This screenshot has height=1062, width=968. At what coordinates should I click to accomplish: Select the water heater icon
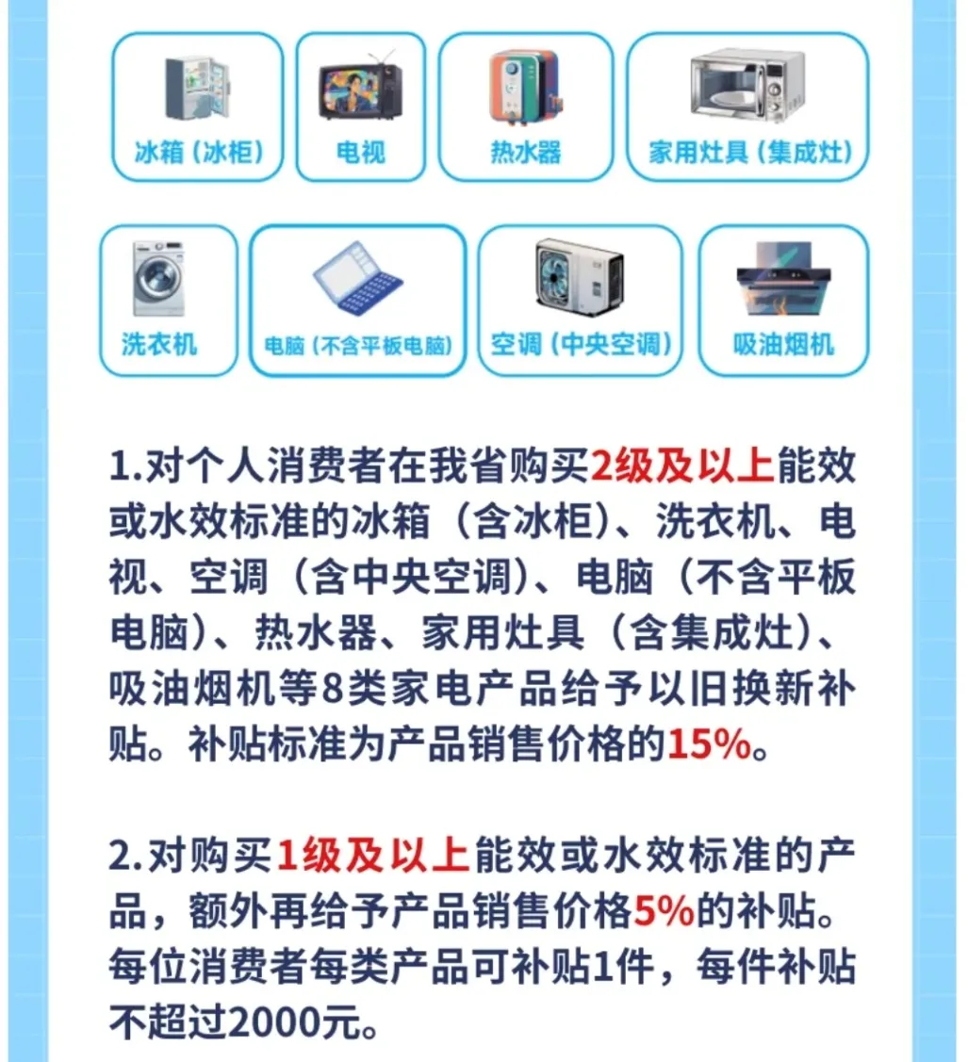click(x=526, y=88)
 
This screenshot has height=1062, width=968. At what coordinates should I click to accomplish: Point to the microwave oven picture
click(x=747, y=85)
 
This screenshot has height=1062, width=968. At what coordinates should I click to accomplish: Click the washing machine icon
click(x=157, y=278)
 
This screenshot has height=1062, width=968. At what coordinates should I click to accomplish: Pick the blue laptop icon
click(x=357, y=278)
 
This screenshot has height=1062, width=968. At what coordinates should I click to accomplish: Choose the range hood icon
click(x=783, y=278)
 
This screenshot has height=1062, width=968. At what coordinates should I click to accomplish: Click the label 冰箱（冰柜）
click(x=199, y=152)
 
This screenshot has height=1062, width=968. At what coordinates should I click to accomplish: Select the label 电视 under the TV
click(x=360, y=152)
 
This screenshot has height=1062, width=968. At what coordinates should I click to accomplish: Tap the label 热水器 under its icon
click(x=526, y=152)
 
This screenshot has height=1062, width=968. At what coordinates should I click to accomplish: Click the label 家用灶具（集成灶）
click(x=749, y=152)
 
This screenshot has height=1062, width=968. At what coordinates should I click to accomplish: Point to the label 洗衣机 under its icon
click(x=159, y=343)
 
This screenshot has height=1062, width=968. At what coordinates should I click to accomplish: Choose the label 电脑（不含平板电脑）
click(x=357, y=346)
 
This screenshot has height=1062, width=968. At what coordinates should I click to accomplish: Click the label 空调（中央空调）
click(x=581, y=344)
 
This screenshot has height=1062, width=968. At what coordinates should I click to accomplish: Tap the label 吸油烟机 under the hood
click(x=783, y=344)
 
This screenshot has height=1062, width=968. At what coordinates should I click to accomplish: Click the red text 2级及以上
click(x=682, y=466)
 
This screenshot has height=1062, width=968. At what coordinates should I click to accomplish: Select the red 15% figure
click(x=709, y=743)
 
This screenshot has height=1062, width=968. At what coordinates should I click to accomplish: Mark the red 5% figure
click(x=664, y=910)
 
